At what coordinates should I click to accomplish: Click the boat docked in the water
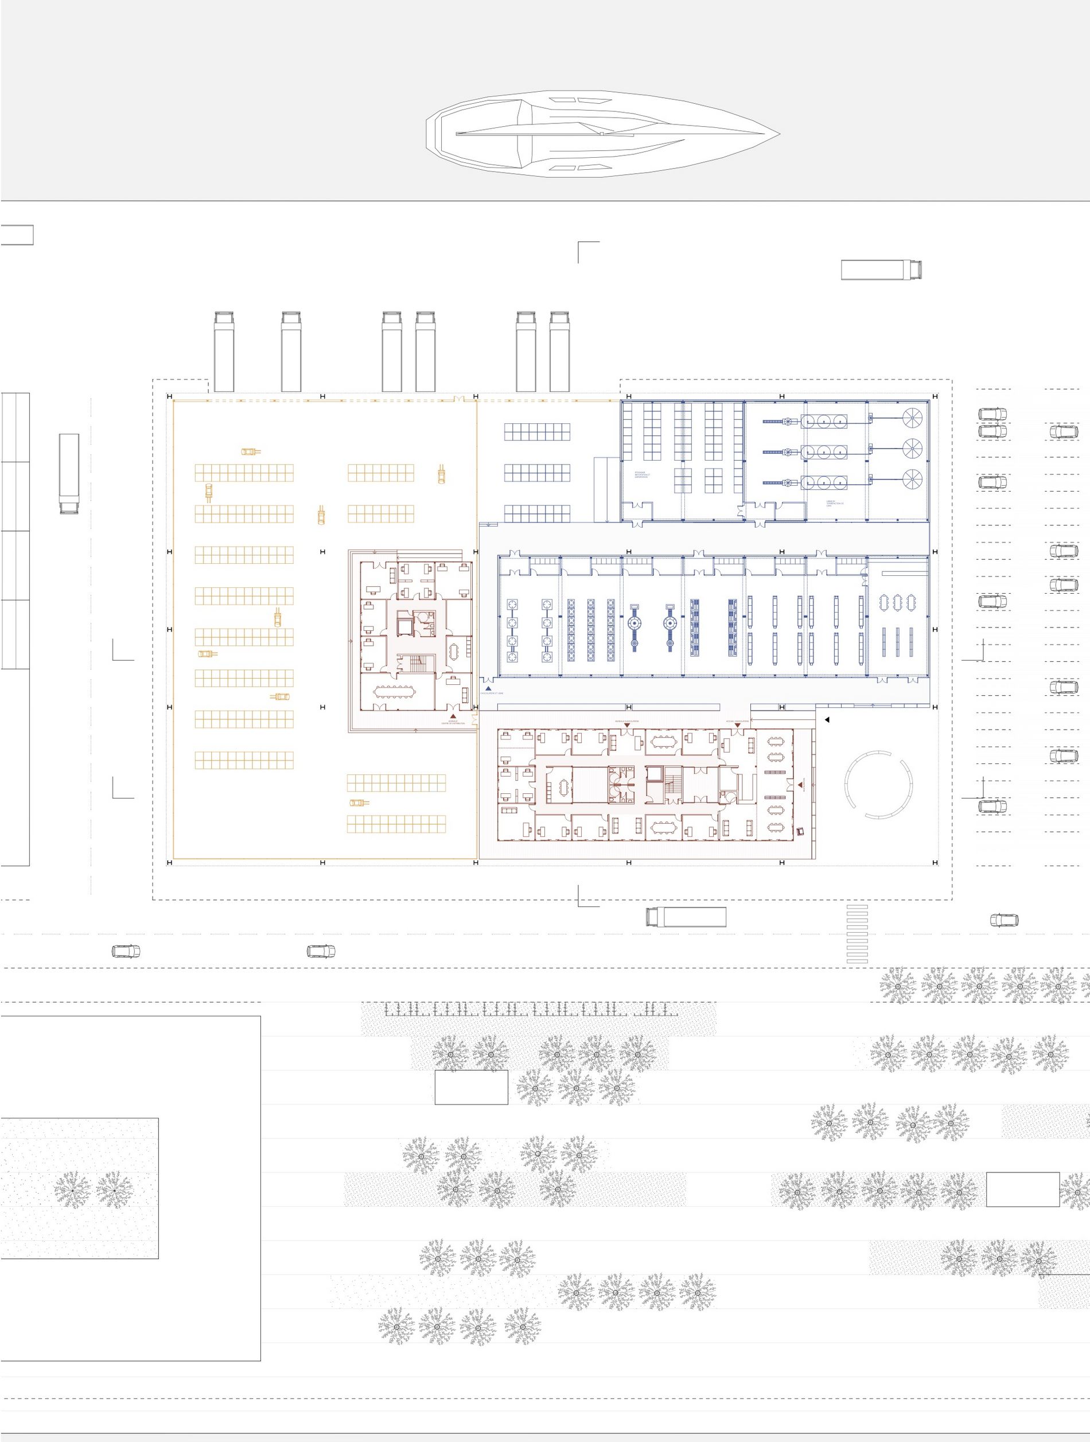pos(602,134)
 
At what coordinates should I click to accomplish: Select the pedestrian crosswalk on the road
pos(857,934)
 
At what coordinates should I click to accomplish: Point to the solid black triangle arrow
pos(827,720)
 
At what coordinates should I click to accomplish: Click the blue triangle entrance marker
pos(488,688)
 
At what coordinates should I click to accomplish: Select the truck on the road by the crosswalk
pos(686,917)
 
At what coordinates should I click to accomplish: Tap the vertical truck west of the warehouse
pos(69,473)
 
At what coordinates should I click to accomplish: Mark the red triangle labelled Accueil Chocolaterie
pos(737,725)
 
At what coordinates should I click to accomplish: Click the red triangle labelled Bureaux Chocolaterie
pos(627,725)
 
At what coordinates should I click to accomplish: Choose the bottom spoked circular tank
pos(913,481)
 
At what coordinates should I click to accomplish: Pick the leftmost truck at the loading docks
pos(224,352)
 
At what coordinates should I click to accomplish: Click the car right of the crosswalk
pos(1004,920)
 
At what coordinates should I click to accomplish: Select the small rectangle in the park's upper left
pos(472,1088)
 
